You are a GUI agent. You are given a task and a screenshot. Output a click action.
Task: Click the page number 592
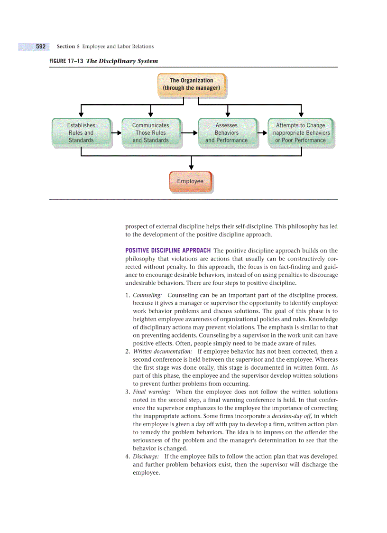(x=41, y=47)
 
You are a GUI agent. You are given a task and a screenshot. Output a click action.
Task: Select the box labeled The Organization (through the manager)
(x=191, y=84)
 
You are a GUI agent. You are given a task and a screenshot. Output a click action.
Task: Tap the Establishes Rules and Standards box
(x=82, y=133)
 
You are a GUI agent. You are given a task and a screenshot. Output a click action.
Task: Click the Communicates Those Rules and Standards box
(x=150, y=133)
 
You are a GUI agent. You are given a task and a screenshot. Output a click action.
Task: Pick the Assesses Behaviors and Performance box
(x=227, y=133)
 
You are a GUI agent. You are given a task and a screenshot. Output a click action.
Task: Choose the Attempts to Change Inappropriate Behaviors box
(x=301, y=133)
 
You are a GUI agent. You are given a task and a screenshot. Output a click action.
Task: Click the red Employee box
(x=190, y=181)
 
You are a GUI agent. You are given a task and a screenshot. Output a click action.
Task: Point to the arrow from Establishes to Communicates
(x=116, y=133)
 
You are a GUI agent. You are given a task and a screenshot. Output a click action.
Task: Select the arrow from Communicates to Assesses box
(x=190, y=133)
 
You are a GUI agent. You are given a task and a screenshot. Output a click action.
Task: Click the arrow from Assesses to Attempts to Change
(x=263, y=133)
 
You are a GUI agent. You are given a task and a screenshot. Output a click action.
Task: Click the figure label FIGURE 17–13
(x=66, y=61)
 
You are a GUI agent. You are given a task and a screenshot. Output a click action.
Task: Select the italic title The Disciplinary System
(x=122, y=61)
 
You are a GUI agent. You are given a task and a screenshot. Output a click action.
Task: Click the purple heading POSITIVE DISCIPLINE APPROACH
(x=168, y=251)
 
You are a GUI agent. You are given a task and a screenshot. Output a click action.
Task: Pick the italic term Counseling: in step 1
(x=147, y=295)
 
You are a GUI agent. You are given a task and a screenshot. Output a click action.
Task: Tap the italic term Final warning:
(x=151, y=392)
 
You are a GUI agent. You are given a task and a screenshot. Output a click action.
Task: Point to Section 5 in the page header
(x=68, y=47)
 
